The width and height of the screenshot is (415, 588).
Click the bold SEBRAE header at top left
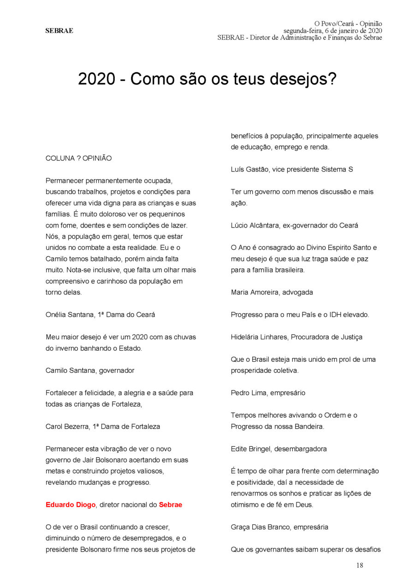[x=59, y=31]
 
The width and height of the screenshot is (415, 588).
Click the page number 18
[x=359, y=565]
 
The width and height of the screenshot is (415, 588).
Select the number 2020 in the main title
[x=96, y=79]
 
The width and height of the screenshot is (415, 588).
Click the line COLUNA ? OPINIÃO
[x=78, y=158]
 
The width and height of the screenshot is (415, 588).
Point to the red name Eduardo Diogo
[x=71, y=504]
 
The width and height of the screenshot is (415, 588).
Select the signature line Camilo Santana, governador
[x=90, y=370]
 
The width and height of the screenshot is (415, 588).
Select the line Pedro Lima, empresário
[x=268, y=393]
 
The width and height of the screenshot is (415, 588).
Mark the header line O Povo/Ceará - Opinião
[x=348, y=24]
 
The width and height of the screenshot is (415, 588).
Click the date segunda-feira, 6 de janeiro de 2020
[x=332, y=30]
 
